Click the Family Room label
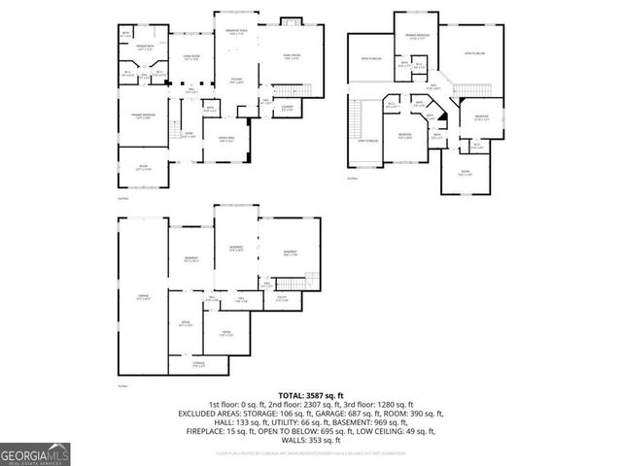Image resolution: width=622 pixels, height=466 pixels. (x=292, y=56)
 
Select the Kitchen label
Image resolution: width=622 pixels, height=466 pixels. (x=236, y=81)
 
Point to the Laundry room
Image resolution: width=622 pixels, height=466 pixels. (x=287, y=108)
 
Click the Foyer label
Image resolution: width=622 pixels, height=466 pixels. (x=190, y=135)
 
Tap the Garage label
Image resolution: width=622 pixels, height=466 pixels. (x=144, y=298)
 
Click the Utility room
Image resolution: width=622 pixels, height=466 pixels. (x=282, y=298)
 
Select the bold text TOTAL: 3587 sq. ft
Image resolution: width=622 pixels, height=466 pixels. (x=310, y=396)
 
